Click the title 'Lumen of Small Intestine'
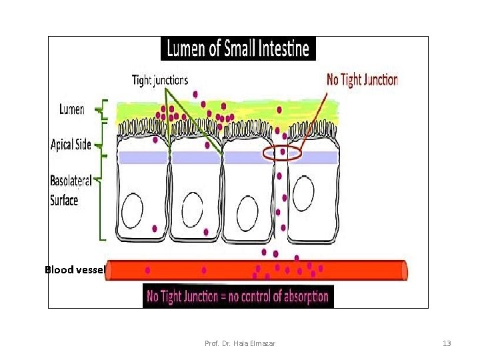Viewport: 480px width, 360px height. tap(238, 48)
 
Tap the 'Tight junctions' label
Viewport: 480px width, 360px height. tap(160, 80)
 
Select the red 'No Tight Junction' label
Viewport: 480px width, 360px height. tap(362, 80)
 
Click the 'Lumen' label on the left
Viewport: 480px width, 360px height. tap(72, 109)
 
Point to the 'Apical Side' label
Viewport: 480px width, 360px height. tap(71, 145)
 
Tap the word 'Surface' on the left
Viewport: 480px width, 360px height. tap(64, 199)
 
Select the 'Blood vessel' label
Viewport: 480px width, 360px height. tap(75, 270)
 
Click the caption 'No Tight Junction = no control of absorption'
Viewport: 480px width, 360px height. tap(238, 296)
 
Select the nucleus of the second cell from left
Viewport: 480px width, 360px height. tap(192, 209)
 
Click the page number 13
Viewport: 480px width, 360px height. tap(447, 343)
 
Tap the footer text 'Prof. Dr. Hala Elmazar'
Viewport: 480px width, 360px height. tap(239, 343)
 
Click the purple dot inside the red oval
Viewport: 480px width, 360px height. tap(283, 152)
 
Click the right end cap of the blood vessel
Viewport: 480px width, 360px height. tap(403, 270)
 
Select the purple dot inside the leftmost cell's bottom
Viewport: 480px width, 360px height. tap(155, 228)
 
